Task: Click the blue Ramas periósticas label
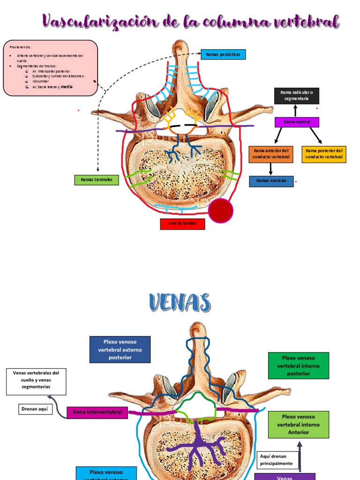point(223,54)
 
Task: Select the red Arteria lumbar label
point(182,224)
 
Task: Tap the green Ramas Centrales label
point(97,180)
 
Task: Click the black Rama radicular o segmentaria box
point(296,96)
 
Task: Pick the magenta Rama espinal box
point(296,122)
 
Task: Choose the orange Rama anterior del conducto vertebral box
point(271,154)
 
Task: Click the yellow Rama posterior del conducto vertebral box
point(324,154)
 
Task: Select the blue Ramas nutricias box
point(271,181)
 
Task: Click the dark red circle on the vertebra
point(220,211)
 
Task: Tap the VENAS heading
point(180,302)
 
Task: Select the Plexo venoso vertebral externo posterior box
point(120,349)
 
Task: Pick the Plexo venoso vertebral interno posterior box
point(299,366)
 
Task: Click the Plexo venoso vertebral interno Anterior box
point(299,425)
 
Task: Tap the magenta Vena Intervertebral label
point(97,412)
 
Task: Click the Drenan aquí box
point(35,409)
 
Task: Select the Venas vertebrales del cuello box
point(36,381)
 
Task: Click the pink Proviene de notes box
point(50,67)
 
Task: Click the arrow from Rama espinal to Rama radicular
point(295,111)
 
